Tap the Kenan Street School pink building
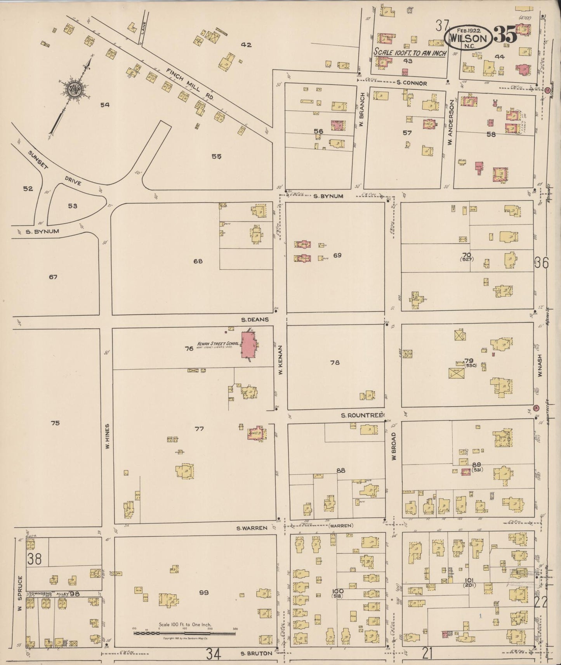[x=248, y=345]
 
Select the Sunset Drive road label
[x=54, y=168]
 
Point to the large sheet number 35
[x=505, y=36]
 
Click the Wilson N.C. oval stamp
[x=468, y=38]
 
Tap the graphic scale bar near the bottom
[x=184, y=633]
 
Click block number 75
[x=55, y=423]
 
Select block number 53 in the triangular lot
[x=73, y=206]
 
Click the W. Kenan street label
[x=280, y=360]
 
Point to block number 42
[x=246, y=45]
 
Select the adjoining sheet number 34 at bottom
[x=214, y=654]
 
